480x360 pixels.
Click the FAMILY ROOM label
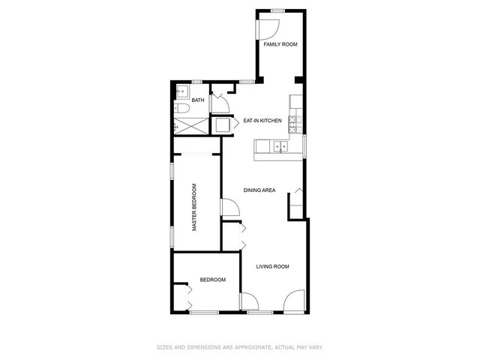point(280,45)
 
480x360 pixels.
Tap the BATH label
point(198,100)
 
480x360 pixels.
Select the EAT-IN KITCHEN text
point(262,120)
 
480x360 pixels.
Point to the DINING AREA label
point(259,190)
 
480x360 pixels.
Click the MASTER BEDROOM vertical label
point(194,207)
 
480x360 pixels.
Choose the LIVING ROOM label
point(272,267)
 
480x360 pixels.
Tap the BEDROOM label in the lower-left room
point(212,280)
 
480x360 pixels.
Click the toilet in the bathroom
point(181,110)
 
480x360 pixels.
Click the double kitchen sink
point(277,145)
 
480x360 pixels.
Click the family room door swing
point(268,28)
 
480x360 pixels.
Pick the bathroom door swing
point(218,100)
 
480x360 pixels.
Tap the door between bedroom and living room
point(248,301)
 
